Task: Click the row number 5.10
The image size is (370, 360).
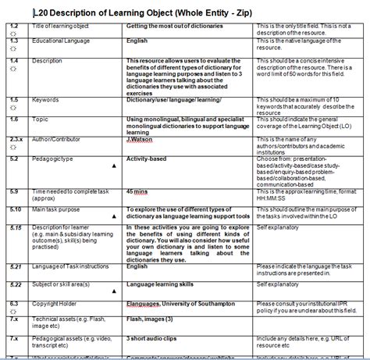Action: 15,209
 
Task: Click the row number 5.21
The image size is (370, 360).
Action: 15,266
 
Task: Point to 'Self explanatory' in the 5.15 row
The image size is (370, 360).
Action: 278,227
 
